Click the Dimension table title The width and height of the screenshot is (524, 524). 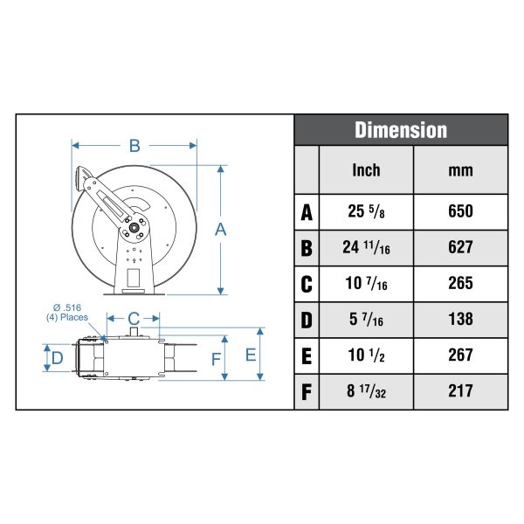[x=401, y=129]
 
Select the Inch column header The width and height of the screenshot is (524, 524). [x=366, y=170]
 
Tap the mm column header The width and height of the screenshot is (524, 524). [x=460, y=171]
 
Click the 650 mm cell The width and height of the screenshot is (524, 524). [x=460, y=211]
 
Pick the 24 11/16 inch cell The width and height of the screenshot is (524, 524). [x=366, y=248]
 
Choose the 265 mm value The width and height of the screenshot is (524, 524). [x=460, y=283]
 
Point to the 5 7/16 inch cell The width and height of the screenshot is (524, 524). [x=366, y=320]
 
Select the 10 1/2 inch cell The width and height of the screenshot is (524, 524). [x=366, y=355]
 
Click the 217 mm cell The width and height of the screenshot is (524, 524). [x=460, y=391]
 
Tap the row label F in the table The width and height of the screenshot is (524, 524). [x=307, y=392]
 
